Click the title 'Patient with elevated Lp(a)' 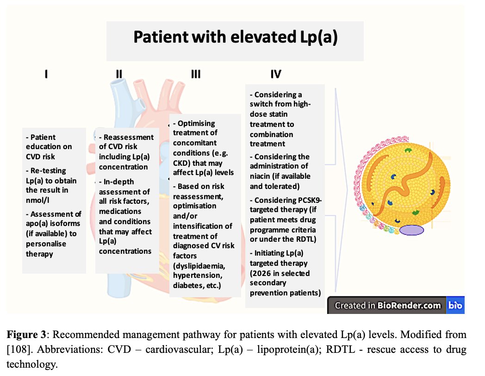(235, 37)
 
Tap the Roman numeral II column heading (119, 74)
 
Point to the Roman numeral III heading (195, 74)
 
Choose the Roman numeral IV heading (276, 74)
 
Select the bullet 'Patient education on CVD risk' (49, 147)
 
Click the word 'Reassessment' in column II (129, 137)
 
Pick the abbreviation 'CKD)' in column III (186, 163)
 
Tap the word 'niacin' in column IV (261, 176)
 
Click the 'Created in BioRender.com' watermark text (388, 305)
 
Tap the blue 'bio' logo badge (455, 305)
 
